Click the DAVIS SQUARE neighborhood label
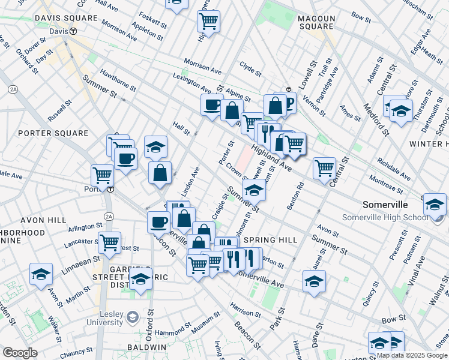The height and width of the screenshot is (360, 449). [66, 18]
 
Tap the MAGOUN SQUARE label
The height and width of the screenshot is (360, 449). [316, 22]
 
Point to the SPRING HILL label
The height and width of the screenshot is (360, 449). [270, 239]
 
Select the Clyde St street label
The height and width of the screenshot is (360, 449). [250, 68]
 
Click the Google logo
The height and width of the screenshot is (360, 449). [20, 353]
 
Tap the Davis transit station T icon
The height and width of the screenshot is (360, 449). [73, 31]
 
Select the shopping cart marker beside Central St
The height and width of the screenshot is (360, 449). [324, 167]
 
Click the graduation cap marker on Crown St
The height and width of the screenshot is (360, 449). [254, 190]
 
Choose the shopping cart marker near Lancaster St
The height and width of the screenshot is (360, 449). [109, 242]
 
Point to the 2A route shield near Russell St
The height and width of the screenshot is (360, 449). [13, 89]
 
